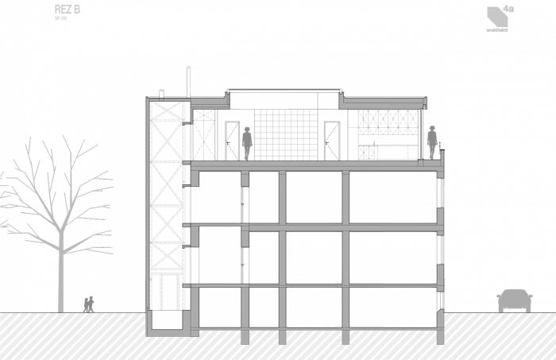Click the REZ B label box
coord(67,12)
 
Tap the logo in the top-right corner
coord(499,17)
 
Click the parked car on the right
coord(514,300)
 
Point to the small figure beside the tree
coord(89,304)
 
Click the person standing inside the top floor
coord(247,142)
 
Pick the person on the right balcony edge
coord(433,141)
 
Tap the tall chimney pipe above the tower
coord(188,82)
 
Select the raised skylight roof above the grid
coord(284,91)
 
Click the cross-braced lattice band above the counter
coord(388,122)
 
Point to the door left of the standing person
coord(232,140)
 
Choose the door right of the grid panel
coord(331,140)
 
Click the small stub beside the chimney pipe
coord(161,93)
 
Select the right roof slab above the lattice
coord(384,102)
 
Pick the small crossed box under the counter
coord(366,152)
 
